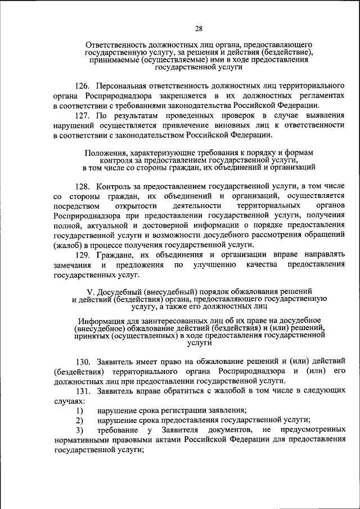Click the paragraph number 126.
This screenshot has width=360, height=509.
[x=82, y=86]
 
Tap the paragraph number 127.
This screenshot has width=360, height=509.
[x=82, y=116]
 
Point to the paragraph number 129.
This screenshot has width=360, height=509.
[x=82, y=254]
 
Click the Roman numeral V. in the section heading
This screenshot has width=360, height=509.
[x=91, y=291]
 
